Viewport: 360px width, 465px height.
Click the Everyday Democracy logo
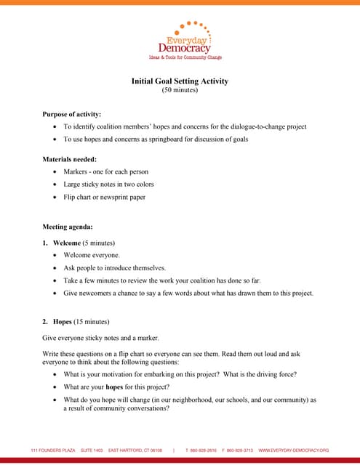[185, 41]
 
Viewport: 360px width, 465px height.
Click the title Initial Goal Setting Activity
[180, 81]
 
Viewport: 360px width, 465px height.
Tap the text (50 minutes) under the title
[180, 90]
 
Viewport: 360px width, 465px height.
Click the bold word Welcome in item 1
[67, 242]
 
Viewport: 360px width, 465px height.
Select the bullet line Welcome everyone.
[92, 255]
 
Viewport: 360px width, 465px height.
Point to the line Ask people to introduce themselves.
[115, 267]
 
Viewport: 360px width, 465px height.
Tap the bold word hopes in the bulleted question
[114, 387]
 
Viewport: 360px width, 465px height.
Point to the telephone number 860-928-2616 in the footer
[204, 450]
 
